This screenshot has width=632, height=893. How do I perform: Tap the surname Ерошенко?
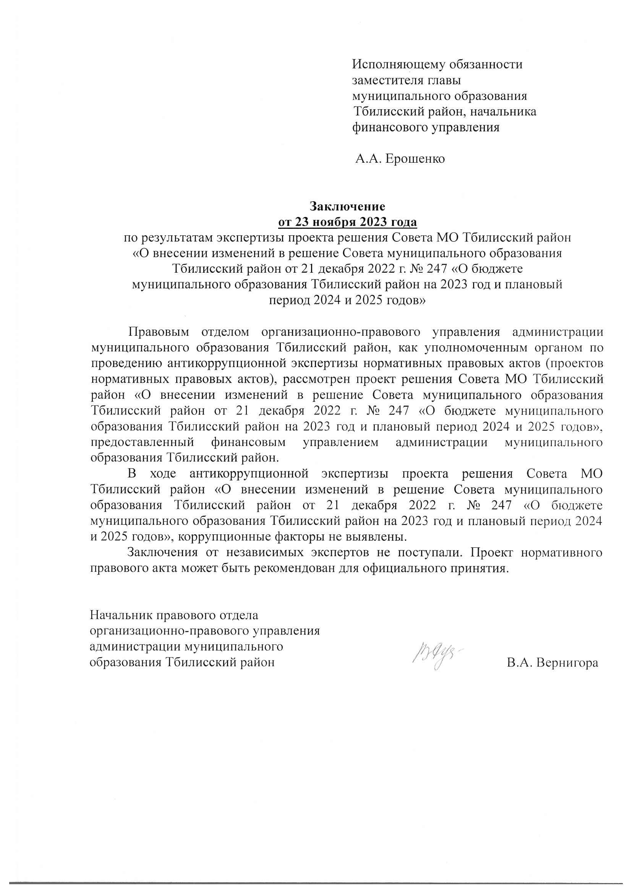coord(415,159)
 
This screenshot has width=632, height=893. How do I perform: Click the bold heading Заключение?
coord(347,206)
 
